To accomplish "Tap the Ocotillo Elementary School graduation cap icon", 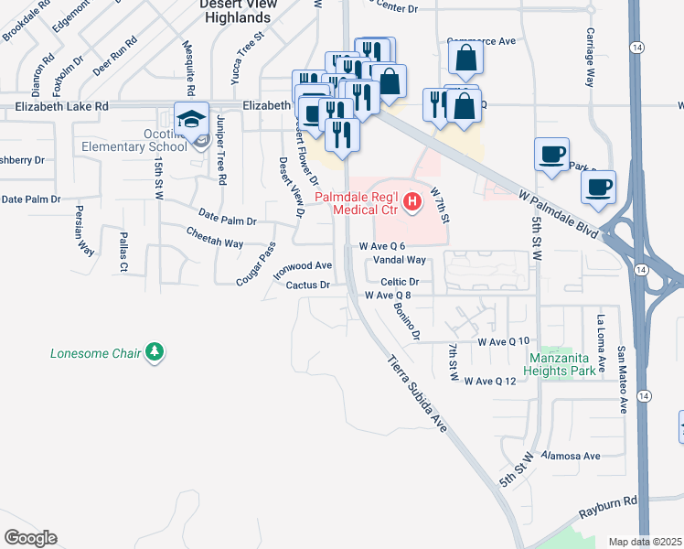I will point(192,120).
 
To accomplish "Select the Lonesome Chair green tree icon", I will point(155,351).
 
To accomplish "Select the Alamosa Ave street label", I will point(570,455).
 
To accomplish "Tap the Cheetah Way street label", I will point(215,243).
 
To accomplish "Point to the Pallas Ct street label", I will point(122,253).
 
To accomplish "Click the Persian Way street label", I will point(80,232).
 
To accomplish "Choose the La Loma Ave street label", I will point(601,346).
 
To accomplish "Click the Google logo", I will point(29,538).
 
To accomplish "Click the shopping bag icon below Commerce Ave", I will point(466,59).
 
